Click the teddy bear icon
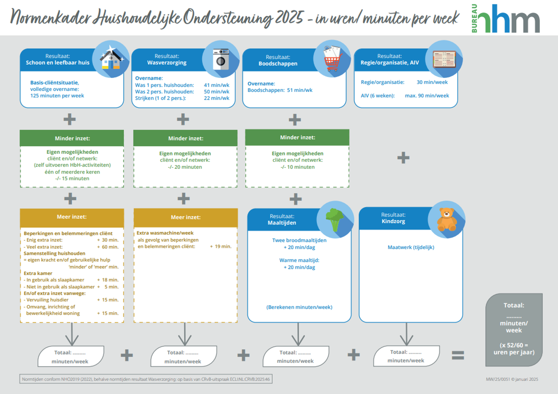click(446, 220)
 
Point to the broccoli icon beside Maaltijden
click(335, 220)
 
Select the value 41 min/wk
click(217, 85)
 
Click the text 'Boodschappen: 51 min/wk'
click(280, 90)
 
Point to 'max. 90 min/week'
click(427, 96)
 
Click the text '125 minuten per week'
click(57, 96)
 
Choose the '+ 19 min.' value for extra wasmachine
click(220, 247)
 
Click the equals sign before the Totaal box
click(458, 355)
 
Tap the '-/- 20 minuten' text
click(185, 167)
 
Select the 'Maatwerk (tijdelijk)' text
click(411, 247)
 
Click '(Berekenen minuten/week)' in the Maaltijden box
click(299, 307)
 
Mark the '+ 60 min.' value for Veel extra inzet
click(107, 247)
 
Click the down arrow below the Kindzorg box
click(406, 334)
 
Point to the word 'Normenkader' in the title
click(50, 18)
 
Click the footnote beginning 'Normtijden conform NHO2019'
click(146, 379)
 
